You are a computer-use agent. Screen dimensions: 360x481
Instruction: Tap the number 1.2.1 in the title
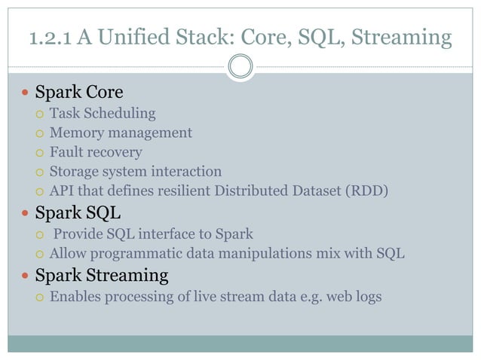coord(51,36)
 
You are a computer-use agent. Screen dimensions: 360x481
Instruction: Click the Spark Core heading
coord(79,93)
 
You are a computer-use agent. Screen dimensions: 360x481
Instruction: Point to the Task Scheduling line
coord(103,114)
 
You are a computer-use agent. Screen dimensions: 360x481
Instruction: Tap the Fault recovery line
coord(96,153)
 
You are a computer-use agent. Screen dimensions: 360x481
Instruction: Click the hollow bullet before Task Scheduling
coord(39,114)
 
